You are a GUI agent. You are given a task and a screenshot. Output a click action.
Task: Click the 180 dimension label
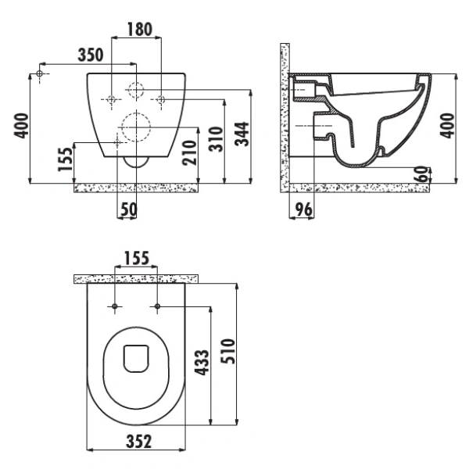[140, 30]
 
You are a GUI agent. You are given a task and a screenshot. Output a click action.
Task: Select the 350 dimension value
[91, 55]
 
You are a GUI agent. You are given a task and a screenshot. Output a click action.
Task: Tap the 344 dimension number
[242, 134]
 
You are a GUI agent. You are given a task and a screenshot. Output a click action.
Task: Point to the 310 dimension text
[217, 139]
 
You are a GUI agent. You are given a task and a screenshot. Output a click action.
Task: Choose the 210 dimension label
[190, 152]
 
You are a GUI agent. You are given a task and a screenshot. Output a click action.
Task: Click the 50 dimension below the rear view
[129, 209]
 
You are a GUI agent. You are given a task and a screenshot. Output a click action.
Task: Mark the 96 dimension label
[304, 209]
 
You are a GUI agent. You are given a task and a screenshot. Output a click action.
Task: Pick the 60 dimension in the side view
[421, 174]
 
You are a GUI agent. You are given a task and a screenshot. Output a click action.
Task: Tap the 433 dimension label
[202, 362]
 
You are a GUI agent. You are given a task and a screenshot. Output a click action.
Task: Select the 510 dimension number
[227, 351]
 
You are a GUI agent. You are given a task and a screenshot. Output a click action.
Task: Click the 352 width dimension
[139, 442]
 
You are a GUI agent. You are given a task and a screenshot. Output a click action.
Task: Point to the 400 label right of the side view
[447, 126]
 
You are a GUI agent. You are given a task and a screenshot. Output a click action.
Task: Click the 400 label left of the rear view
[22, 126]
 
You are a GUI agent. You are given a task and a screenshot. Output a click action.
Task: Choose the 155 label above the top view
[136, 258]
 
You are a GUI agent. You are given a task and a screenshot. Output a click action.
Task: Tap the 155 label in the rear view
[65, 159]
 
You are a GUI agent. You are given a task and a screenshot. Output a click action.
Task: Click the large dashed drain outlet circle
[136, 127]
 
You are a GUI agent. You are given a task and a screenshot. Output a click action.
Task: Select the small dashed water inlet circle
[136, 89]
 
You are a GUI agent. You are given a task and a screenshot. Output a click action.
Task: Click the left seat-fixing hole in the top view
[115, 306]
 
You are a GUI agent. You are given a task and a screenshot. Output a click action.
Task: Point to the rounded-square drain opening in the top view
[136, 359]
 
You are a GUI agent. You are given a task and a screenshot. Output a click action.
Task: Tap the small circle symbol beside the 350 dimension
[40, 73]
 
